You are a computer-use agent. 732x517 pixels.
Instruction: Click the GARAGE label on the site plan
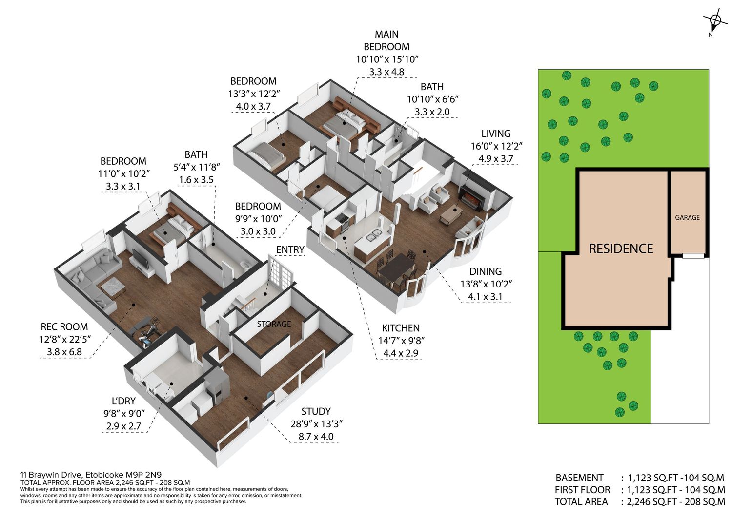687,217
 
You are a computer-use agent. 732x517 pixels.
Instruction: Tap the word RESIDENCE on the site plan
621,249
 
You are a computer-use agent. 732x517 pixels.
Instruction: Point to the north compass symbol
715,23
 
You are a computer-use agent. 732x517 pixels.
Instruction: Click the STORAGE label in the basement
274,324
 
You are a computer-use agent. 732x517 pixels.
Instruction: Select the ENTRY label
290,249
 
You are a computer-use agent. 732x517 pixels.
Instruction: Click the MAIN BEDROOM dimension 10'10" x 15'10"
387,59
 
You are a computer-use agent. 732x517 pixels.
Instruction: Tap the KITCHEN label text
401,328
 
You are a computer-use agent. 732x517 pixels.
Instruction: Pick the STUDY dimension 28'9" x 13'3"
316,423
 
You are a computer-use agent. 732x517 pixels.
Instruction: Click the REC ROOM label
64,326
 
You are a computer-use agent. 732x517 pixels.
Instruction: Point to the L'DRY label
123,401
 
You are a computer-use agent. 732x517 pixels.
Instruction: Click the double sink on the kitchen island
373,235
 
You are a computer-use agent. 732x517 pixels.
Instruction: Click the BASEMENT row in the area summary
640,478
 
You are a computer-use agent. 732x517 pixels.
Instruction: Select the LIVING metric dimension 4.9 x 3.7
496,159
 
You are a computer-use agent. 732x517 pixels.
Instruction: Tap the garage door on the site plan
693,256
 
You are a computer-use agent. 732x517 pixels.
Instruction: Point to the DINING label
486,271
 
